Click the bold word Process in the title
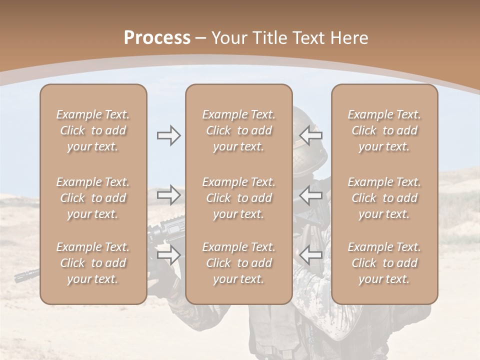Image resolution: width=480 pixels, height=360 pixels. [x=157, y=38]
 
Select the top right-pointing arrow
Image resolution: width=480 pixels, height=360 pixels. [x=169, y=135]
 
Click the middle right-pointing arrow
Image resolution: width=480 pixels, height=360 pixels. [x=169, y=195]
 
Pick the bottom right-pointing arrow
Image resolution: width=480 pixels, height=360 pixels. [x=169, y=255]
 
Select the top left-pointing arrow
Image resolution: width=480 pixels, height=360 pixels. [x=310, y=135]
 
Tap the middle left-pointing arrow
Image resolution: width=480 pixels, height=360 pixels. [x=310, y=195]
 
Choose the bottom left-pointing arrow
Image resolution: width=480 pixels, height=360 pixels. [x=310, y=255]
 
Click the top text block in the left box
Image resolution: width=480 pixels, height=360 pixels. [x=93, y=130]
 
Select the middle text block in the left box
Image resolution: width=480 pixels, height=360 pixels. [x=93, y=198]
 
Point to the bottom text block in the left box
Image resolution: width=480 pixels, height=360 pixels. [x=93, y=263]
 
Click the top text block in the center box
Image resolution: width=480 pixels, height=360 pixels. [x=239, y=130]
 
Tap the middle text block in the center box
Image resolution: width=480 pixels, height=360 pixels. [x=239, y=198]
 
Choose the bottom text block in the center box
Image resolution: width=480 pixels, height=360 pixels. [x=239, y=263]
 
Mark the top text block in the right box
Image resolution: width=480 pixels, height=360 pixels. [x=384, y=130]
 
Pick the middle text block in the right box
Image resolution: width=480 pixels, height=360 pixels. [x=384, y=198]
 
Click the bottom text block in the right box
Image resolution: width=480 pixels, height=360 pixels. [x=384, y=263]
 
